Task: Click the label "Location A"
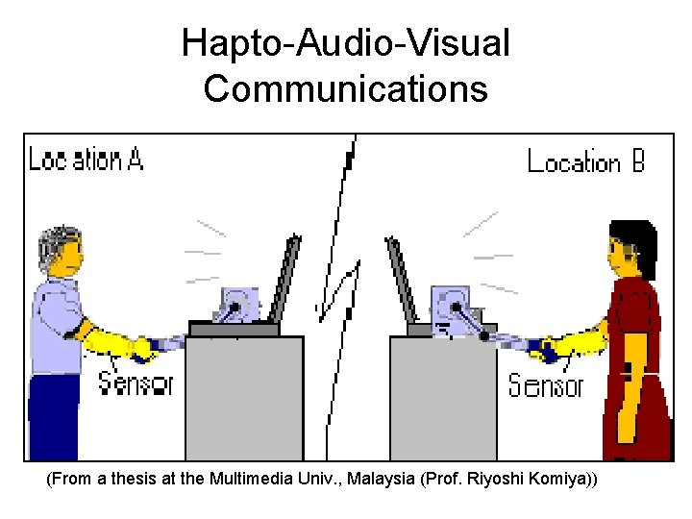(x=86, y=159)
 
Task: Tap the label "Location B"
(x=586, y=161)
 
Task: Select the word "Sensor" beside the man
(x=136, y=383)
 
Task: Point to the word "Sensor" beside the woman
(x=545, y=386)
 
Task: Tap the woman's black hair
(x=635, y=240)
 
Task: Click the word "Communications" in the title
(x=346, y=88)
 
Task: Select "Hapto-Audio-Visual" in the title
(x=346, y=44)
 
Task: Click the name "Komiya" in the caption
(x=557, y=479)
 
